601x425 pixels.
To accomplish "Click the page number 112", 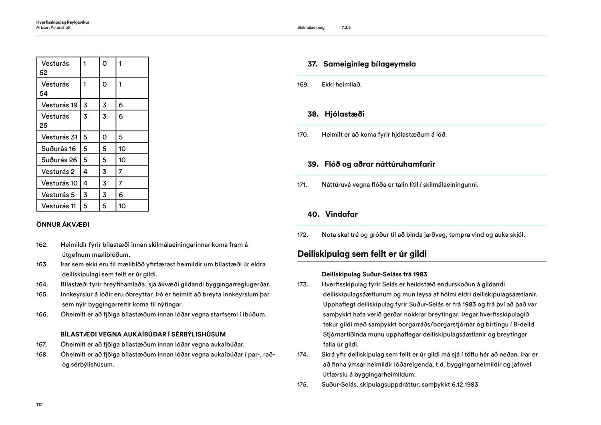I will pos(39,405).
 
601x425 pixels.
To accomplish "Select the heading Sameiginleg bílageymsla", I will pos(369,64).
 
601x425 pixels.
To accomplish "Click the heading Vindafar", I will pos(341,214).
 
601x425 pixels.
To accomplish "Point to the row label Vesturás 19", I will pos(59,105).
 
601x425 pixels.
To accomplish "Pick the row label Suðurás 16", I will pos(58,149).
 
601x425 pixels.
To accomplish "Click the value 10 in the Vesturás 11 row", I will pos(122,206).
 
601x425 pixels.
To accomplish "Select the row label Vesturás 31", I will pos(59,137).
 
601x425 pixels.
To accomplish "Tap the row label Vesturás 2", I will pos(58,171).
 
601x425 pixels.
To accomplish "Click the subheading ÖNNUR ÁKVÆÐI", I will pos(63,225).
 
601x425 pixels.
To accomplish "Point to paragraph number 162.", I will pos(42,245).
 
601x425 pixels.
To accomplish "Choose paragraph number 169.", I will pos(303,85).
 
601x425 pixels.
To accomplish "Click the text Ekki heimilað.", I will pos(341,85).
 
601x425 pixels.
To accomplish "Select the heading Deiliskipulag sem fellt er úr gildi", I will pos(362,254).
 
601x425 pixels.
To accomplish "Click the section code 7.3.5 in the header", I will pos(346,28).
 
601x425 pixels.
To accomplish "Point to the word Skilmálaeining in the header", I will pos(311,28).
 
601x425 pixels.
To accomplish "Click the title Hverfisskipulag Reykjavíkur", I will pos(63,22).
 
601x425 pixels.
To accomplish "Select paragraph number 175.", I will pos(303,385).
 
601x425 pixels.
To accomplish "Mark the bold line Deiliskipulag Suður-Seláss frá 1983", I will pos(374,274).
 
